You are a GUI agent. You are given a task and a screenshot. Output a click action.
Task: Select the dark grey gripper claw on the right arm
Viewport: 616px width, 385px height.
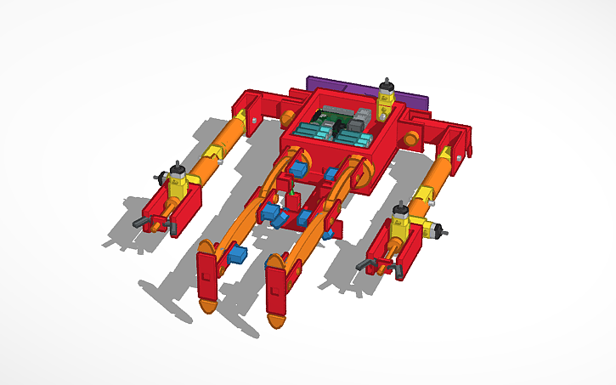pyautogui.click(x=371, y=268)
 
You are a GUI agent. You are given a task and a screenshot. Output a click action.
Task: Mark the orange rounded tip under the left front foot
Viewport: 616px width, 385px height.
pyautogui.click(x=206, y=306)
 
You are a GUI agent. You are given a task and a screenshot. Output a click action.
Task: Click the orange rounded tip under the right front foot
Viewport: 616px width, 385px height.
pyautogui.click(x=278, y=321)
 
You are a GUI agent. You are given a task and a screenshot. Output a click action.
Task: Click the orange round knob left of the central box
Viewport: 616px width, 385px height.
pyautogui.click(x=289, y=117)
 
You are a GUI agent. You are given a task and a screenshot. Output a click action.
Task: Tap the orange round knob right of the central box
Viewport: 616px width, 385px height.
pyautogui.click(x=411, y=139)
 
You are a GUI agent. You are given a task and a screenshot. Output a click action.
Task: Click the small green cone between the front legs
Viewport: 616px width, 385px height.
pyautogui.click(x=294, y=197)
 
